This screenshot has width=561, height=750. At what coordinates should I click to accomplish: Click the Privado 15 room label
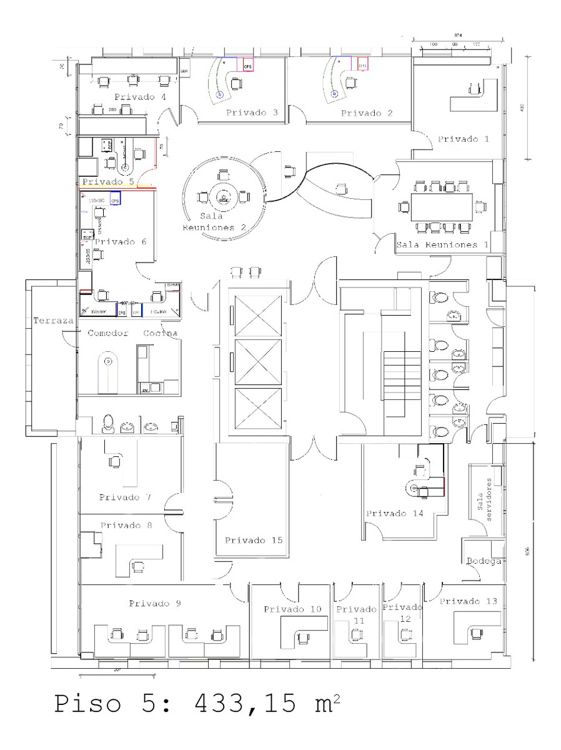click(254, 540)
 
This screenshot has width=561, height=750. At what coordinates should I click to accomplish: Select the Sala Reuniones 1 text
click(442, 244)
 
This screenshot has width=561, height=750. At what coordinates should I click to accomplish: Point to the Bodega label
click(484, 561)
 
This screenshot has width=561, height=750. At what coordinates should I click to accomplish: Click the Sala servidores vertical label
click(485, 497)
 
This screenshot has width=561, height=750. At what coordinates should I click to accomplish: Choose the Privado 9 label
click(155, 603)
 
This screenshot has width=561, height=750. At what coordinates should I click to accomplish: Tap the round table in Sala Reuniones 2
click(223, 198)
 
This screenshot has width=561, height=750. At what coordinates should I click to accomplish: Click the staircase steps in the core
click(402, 375)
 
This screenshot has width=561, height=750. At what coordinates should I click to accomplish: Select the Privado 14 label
click(395, 513)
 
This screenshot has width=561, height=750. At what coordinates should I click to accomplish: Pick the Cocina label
click(161, 333)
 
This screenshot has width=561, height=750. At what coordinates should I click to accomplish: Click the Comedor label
click(107, 333)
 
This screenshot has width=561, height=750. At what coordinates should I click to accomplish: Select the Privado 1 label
click(463, 138)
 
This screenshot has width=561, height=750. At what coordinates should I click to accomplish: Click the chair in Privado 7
click(115, 461)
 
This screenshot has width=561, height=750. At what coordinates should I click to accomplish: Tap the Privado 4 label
click(140, 97)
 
